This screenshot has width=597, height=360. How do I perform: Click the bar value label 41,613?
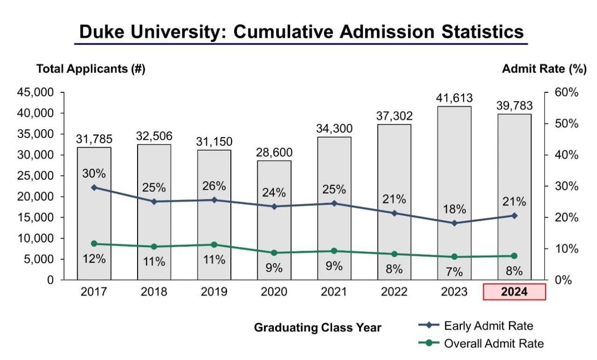click(x=454, y=98)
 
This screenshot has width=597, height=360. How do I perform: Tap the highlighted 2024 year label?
click(x=514, y=292)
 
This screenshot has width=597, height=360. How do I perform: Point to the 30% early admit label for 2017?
click(x=94, y=173)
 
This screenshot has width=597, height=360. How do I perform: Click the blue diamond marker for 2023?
click(x=454, y=223)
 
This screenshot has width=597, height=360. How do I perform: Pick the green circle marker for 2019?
click(x=214, y=245)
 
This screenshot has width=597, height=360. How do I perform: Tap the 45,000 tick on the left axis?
click(x=35, y=92)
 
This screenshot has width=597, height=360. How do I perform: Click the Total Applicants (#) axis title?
click(x=90, y=69)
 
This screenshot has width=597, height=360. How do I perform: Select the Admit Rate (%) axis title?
click(x=544, y=69)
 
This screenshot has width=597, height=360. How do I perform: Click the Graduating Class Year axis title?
click(x=318, y=327)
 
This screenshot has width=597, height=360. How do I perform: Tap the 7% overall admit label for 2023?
click(x=454, y=272)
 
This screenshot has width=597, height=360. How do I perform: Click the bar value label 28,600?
click(x=274, y=153)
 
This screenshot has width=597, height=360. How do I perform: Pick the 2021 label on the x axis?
click(x=334, y=292)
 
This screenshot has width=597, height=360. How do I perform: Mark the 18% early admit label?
click(x=454, y=209)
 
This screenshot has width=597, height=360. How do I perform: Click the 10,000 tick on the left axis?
click(x=35, y=238)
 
